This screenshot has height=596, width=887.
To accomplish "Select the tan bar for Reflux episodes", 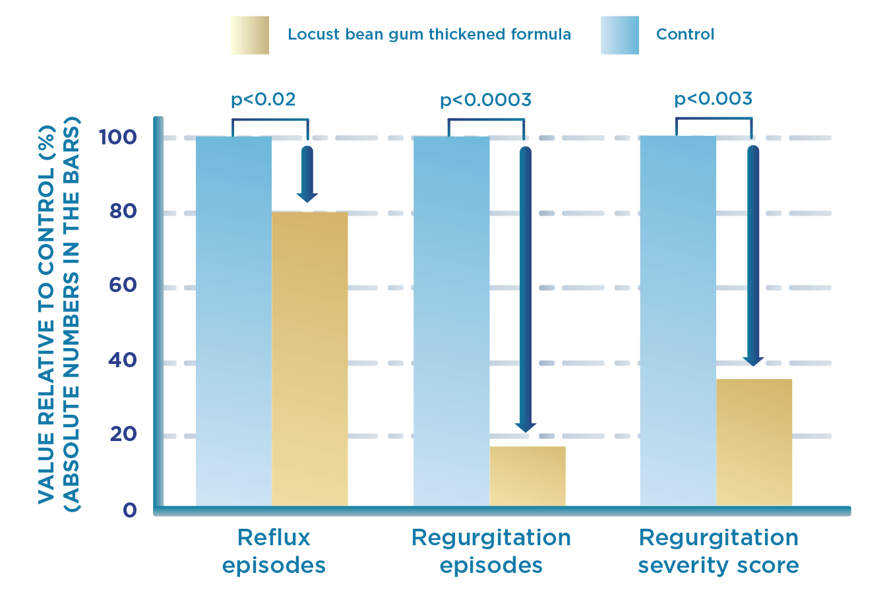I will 309,359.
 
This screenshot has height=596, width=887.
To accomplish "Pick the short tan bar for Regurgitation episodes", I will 527,476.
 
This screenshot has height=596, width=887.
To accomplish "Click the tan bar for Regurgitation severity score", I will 754,442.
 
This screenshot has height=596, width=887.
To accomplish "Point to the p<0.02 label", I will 263,100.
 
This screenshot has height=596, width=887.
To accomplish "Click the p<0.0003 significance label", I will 485,100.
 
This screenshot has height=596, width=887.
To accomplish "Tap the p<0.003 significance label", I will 713,99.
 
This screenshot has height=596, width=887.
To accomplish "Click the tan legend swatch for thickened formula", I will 250,35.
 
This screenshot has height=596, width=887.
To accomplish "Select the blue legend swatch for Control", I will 620,35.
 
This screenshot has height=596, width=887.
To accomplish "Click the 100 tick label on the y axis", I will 117,137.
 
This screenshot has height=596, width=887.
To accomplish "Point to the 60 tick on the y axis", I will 123,285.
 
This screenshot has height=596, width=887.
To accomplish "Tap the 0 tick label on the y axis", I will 129,510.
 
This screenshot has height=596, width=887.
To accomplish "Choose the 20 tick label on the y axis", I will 123,434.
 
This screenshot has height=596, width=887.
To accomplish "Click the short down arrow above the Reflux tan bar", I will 307,175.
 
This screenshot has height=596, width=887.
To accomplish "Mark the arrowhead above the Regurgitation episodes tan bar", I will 525,427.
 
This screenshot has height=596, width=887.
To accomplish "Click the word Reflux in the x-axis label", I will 274,537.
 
